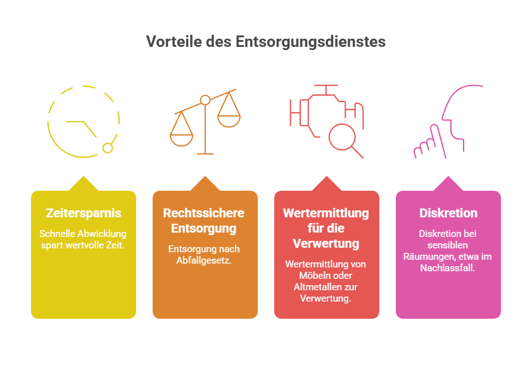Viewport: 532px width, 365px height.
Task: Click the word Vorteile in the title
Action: click(174, 42)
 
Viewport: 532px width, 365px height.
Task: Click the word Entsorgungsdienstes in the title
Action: click(310, 42)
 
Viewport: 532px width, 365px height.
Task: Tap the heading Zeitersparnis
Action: click(84, 213)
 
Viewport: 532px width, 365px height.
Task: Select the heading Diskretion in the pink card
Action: click(448, 213)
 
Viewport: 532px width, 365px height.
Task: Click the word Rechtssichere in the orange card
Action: click(203, 213)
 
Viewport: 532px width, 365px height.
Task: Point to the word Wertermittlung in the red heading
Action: click(326, 213)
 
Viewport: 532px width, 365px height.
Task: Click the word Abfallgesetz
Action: click(204, 260)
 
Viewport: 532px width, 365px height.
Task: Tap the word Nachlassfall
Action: click(448, 268)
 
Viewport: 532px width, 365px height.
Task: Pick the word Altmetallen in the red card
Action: click(315, 287)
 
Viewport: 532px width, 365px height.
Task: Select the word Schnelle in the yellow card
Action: click(53, 234)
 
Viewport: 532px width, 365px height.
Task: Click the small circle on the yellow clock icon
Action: click(108, 148)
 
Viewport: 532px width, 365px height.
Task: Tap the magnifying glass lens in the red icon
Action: click(342, 137)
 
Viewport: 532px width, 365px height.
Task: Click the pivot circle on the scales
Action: click(205, 100)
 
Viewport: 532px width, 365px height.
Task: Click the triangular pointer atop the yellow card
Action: click(84, 184)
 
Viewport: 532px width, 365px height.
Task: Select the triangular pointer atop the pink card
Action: click(448, 184)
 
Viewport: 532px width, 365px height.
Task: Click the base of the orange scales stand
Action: click(205, 154)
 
